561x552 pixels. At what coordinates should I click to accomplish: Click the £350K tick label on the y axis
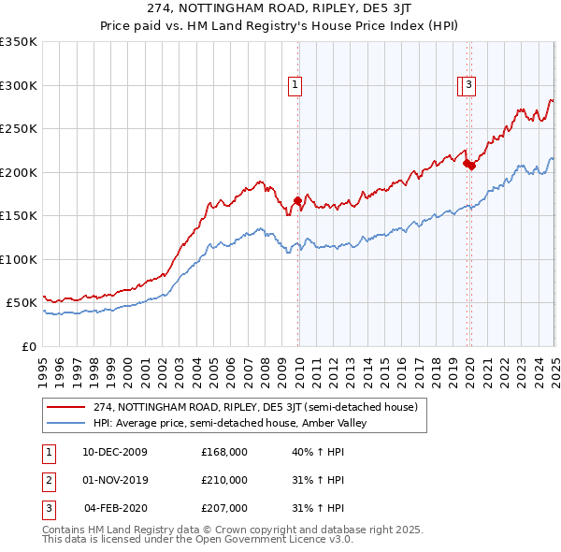point(19,42)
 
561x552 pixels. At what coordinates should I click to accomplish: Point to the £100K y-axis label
point(19,259)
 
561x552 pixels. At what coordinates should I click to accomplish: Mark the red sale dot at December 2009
point(297,200)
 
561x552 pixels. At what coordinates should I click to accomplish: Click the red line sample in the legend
point(67,407)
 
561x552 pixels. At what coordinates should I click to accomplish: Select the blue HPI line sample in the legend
point(67,423)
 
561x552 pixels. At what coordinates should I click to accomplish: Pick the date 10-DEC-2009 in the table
point(116,451)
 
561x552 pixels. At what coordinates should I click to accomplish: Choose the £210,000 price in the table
point(224,480)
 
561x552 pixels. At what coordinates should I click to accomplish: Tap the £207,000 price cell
point(224,508)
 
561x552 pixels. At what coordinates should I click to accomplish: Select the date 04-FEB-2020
point(116,508)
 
